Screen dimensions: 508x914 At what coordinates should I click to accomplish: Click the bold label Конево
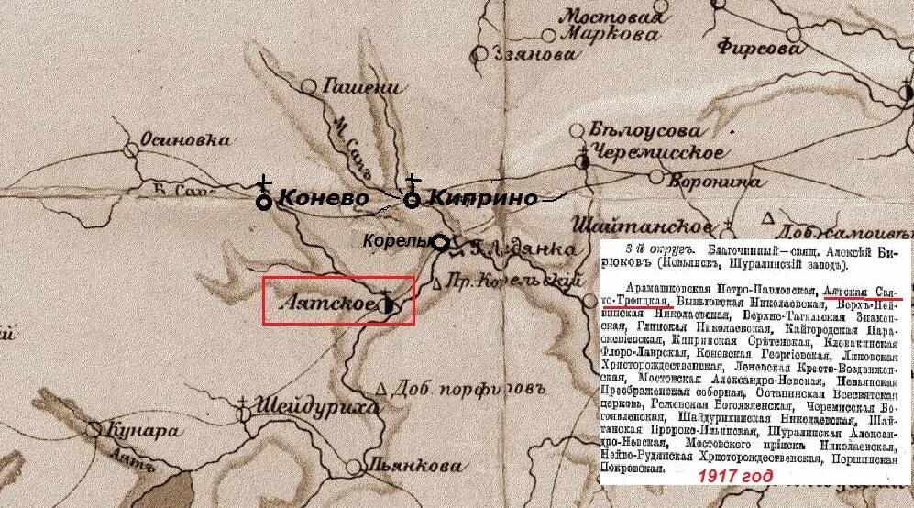pos(323,198)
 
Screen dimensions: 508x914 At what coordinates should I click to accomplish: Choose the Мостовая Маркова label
pos(611,26)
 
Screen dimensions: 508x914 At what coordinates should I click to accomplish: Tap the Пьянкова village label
pos(418,466)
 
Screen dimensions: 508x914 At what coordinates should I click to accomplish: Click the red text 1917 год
pos(734,477)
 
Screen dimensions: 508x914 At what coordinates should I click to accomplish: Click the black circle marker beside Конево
pos(264,201)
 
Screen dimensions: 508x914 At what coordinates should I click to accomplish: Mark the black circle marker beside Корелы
pos(440,243)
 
